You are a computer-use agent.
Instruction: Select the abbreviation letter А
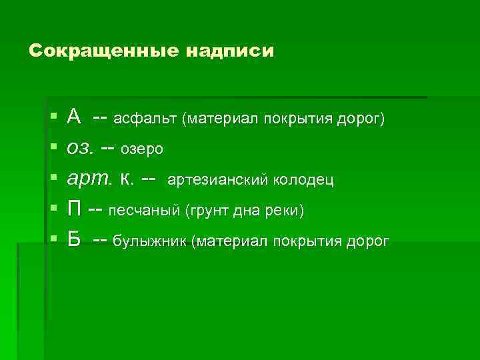pos(74,118)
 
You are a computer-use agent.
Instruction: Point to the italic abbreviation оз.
pos(81,149)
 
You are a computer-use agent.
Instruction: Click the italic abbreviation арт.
pos(88,179)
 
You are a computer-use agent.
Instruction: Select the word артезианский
pos(217,180)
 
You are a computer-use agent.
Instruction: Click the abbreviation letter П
pos(75,210)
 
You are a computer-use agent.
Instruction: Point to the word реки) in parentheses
pos(285,211)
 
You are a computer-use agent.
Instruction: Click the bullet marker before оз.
pos(53,149)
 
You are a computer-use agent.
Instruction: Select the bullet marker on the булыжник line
pos(53,240)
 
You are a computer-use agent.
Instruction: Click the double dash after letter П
pos(95,210)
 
